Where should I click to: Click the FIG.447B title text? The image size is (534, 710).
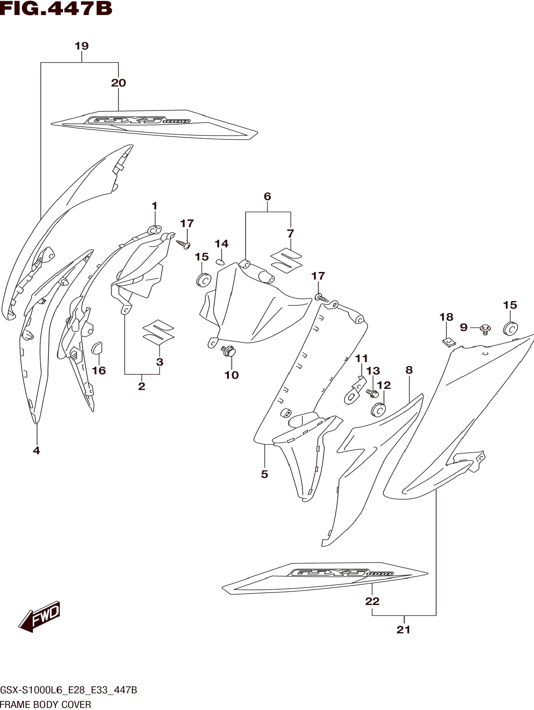coord(56,9)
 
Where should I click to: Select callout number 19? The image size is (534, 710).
coord(82,46)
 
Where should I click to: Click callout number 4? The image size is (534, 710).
coord(37,451)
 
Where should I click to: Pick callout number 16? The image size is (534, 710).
coord(99,371)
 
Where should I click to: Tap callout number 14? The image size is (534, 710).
coord(221,244)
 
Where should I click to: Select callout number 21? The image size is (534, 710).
coord(403,630)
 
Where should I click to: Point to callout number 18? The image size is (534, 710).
coord(446,317)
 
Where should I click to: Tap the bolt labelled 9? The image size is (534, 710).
coord(485,329)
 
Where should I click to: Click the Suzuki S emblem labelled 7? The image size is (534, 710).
coord(287,261)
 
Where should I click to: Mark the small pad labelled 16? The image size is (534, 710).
coord(97,348)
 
